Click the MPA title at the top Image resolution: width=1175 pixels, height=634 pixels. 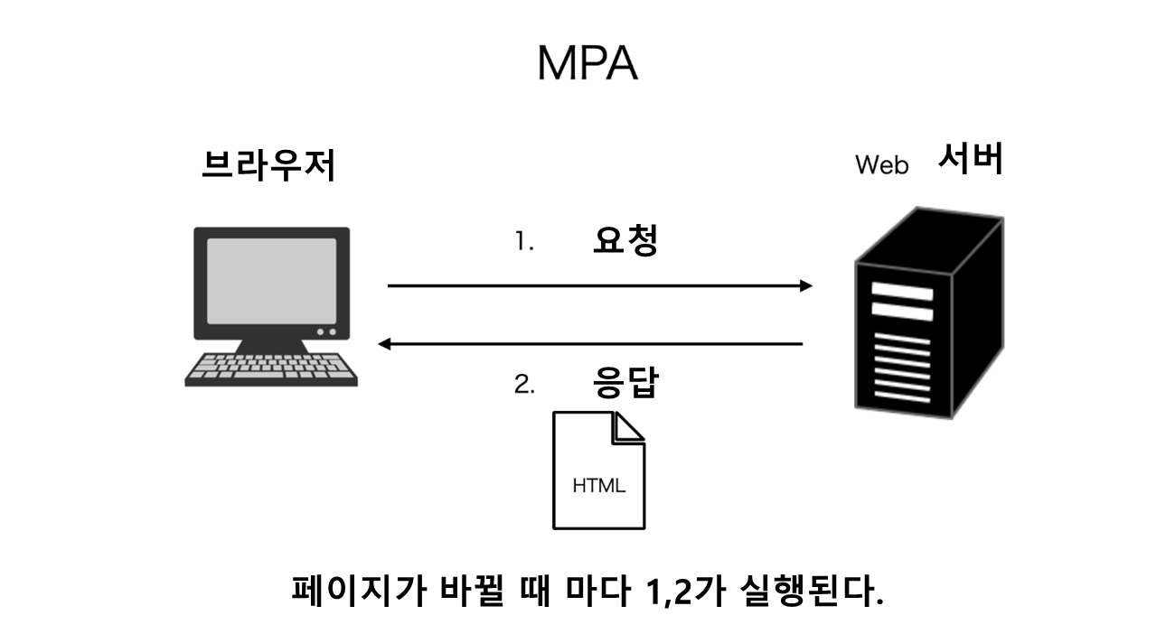(587, 63)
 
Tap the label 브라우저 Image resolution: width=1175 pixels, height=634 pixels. (268, 165)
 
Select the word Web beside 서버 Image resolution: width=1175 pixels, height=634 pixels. (881, 166)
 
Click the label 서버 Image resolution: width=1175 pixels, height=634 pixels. (970, 160)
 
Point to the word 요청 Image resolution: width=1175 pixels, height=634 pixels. (625, 240)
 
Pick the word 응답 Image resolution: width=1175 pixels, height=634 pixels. (625, 382)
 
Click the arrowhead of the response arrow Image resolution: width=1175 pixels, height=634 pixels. (385, 343)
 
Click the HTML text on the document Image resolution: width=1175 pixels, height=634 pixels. (598, 486)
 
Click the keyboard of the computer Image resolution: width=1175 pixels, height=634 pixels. (271, 368)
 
